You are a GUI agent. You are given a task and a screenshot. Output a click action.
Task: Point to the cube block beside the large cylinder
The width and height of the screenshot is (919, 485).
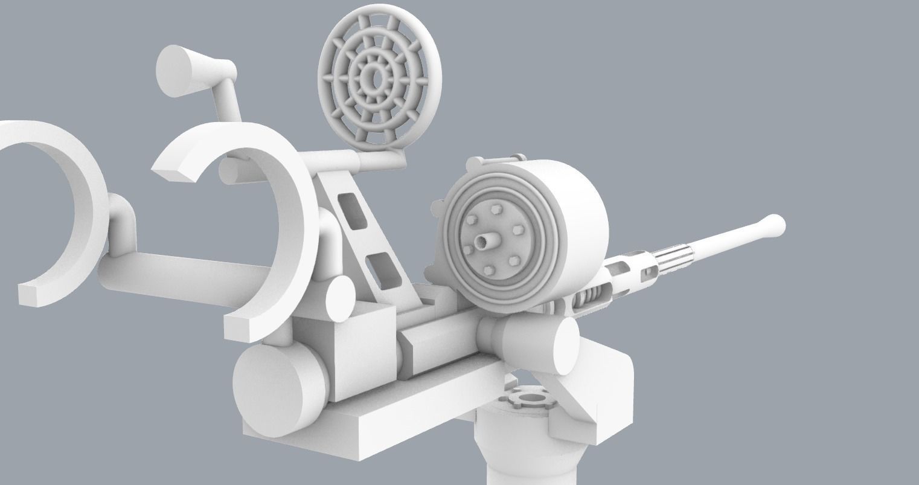tap(361, 350)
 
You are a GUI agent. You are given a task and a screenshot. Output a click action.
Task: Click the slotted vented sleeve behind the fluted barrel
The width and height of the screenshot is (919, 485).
tap(634, 272)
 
